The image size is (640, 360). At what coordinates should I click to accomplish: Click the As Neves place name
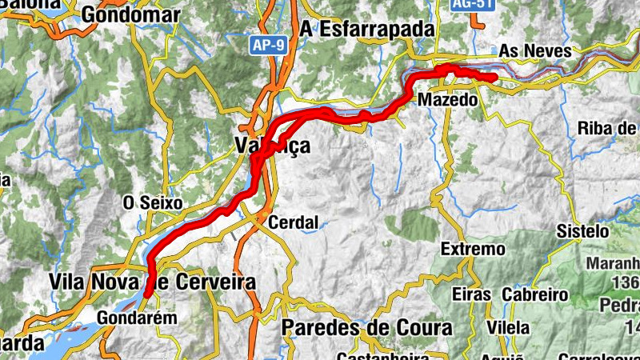point(536,51)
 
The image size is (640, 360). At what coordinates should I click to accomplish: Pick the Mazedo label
point(447,100)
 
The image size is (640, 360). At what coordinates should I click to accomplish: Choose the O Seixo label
point(153,202)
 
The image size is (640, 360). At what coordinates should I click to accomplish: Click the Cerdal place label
point(294,222)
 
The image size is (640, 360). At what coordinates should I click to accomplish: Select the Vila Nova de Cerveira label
point(152,282)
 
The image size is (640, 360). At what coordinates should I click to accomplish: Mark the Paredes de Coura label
point(366,328)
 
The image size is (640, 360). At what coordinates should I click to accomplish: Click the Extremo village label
point(473,250)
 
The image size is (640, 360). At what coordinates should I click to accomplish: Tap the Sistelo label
point(583,231)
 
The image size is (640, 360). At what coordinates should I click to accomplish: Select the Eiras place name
point(470,294)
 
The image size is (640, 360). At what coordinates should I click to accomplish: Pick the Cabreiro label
point(534,294)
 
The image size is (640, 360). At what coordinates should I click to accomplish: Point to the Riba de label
point(608,128)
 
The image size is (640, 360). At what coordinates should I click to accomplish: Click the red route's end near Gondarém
point(148,294)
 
